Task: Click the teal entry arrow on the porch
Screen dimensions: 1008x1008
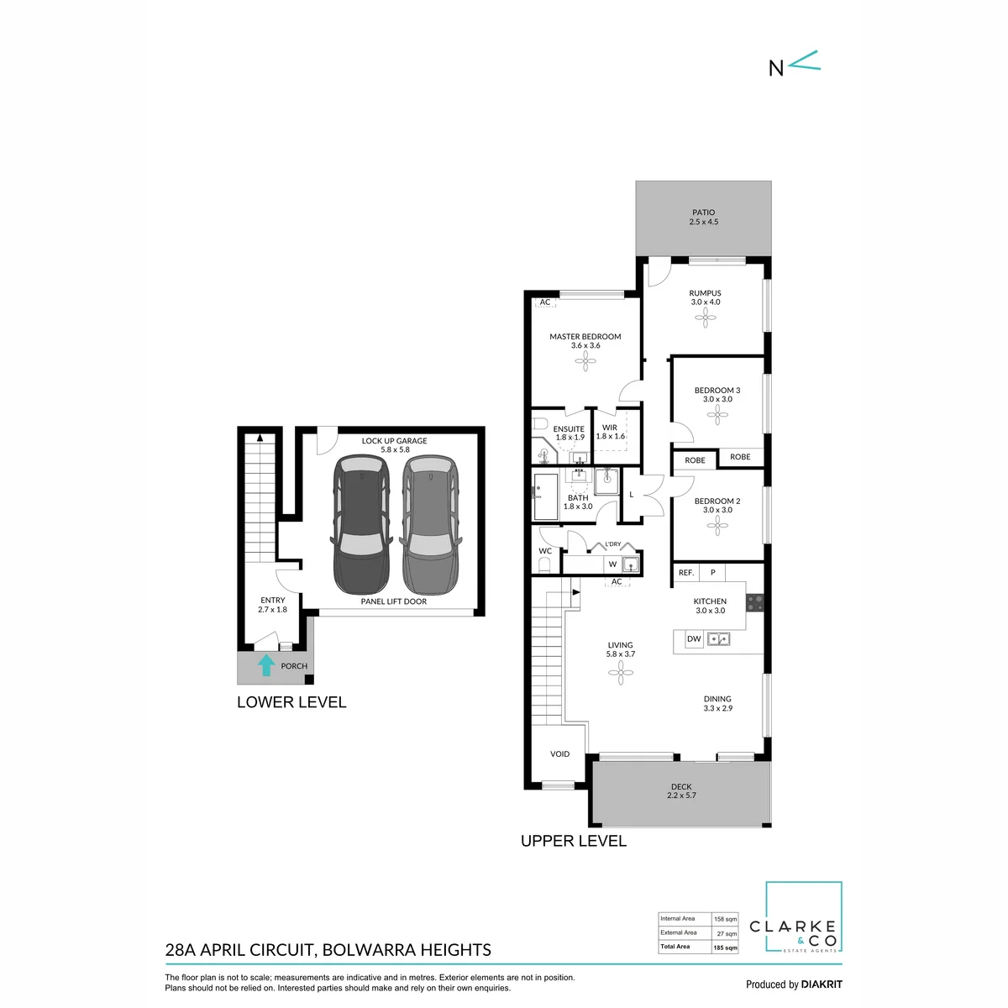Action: tap(266, 664)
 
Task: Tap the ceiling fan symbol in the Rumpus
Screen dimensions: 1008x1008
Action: tap(705, 318)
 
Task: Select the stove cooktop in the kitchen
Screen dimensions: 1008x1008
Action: tap(755, 602)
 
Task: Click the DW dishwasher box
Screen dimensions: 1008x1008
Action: tap(694, 638)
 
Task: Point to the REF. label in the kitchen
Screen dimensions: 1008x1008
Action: tap(685, 573)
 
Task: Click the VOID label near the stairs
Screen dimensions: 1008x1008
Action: tap(559, 753)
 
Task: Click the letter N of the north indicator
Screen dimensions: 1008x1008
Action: tap(776, 69)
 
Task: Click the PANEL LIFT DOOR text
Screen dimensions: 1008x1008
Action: tap(393, 601)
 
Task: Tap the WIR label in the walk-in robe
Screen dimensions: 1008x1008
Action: tap(609, 428)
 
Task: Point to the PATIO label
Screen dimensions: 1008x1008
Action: tap(703, 213)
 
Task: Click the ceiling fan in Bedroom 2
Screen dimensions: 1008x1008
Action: tap(717, 526)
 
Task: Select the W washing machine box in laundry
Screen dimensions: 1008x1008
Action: tap(612, 564)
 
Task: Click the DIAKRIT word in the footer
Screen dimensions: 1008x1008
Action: tap(822, 984)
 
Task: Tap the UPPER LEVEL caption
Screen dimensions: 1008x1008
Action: tap(574, 841)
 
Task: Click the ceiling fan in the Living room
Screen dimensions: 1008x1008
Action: tap(621, 673)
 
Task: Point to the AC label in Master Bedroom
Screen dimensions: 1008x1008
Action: tap(545, 302)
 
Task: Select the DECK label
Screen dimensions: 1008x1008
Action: tap(681, 787)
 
